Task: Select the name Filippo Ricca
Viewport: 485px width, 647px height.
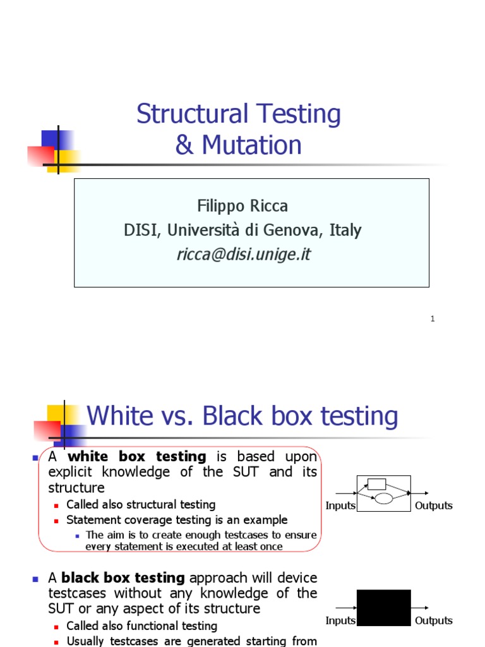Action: pyautogui.click(x=242, y=206)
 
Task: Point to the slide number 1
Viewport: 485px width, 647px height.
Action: pyautogui.click(x=433, y=319)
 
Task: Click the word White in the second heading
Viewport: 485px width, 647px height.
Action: pyautogui.click(x=120, y=416)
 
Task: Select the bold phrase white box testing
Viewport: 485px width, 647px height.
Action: pyautogui.click(x=137, y=456)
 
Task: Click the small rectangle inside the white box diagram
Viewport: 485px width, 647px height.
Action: pyautogui.click(x=376, y=484)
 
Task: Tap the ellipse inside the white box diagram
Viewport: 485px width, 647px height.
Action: pyautogui.click(x=384, y=499)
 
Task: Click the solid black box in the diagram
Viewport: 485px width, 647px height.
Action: pyautogui.click(x=383, y=608)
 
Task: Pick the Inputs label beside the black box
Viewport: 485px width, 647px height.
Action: pyautogui.click(x=340, y=620)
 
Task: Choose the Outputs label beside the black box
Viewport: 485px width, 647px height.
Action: pyautogui.click(x=434, y=620)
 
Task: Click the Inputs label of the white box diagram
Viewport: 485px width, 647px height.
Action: pyautogui.click(x=340, y=505)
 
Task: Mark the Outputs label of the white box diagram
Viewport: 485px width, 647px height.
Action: pyautogui.click(x=434, y=505)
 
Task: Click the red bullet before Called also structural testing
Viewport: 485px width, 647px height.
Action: pyautogui.click(x=57, y=505)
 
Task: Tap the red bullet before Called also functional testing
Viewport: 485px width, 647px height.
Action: pyautogui.click(x=57, y=626)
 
